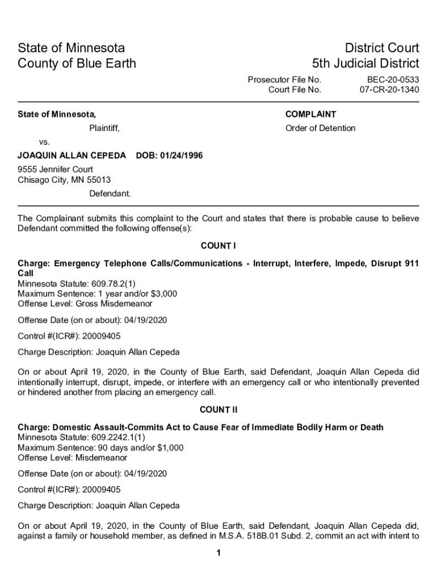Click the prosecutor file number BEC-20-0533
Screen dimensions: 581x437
click(x=393, y=80)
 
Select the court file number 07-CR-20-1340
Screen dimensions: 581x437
click(x=389, y=90)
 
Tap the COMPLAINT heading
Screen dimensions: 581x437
click(x=310, y=114)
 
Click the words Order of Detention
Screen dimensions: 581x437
click(x=320, y=128)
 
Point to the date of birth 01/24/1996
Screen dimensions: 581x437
click(x=182, y=155)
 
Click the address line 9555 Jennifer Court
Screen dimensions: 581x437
click(x=56, y=169)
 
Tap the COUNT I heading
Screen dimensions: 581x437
click(x=218, y=246)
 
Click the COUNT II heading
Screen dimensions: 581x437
click(x=218, y=410)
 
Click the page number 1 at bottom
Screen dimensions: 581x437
click(x=218, y=553)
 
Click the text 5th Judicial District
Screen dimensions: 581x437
click(x=365, y=63)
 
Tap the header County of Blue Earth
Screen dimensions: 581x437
click(x=77, y=63)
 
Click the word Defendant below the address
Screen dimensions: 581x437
click(x=110, y=193)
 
